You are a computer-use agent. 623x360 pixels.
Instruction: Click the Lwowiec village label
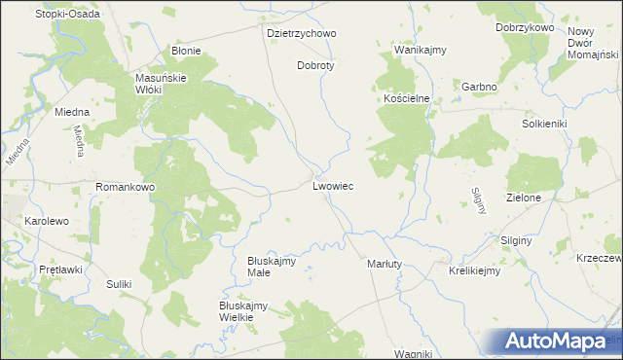coord(333,185)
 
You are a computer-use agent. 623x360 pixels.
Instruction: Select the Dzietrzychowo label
coord(301,33)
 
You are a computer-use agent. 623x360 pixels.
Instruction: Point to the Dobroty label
coord(315,66)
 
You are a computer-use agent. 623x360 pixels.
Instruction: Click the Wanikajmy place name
coord(420,49)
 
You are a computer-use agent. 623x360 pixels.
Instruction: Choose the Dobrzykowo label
coord(524,28)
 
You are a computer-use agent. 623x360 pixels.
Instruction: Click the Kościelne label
coord(406,100)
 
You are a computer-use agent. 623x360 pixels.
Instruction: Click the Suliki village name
coord(119,284)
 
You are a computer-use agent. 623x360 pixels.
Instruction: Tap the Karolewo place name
coord(47,222)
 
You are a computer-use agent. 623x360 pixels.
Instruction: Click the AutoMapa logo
coord(555,341)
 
